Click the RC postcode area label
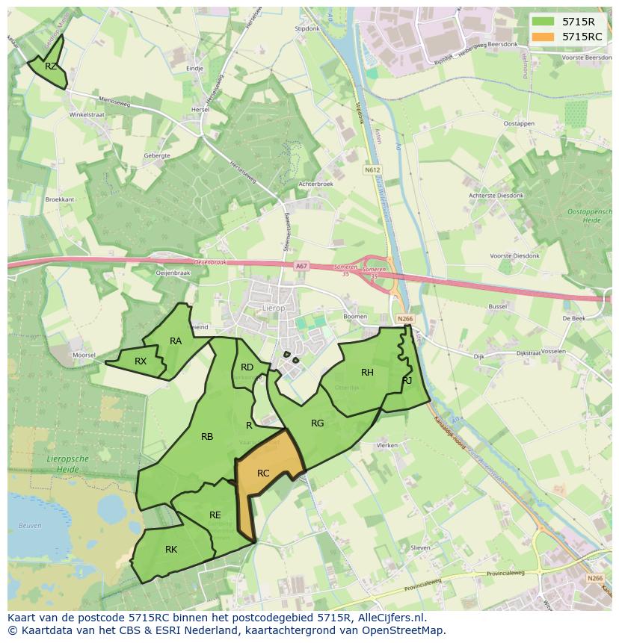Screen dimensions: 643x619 (263, 473)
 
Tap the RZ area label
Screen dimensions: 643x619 (51, 66)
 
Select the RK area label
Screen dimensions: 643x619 (171, 550)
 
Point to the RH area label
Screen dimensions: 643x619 (367, 373)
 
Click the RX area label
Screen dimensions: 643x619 (141, 361)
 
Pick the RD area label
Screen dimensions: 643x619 (247, 367)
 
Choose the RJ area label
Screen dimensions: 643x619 (407, 380)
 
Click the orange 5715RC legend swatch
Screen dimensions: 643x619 (543, 36)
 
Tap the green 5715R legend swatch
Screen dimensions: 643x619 (543, 22)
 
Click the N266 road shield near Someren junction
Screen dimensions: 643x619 (405, 319)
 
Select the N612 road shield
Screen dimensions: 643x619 (372, 170)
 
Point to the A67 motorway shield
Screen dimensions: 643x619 (301, 266)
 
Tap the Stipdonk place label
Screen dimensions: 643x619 (307, 28)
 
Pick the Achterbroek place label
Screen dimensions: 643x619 (315, 183)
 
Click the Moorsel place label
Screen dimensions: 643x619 (84, 355)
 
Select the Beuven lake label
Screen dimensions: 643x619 (30, 526)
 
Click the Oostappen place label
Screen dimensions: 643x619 (519, 123)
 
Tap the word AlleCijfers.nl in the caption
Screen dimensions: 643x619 (389, 618)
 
